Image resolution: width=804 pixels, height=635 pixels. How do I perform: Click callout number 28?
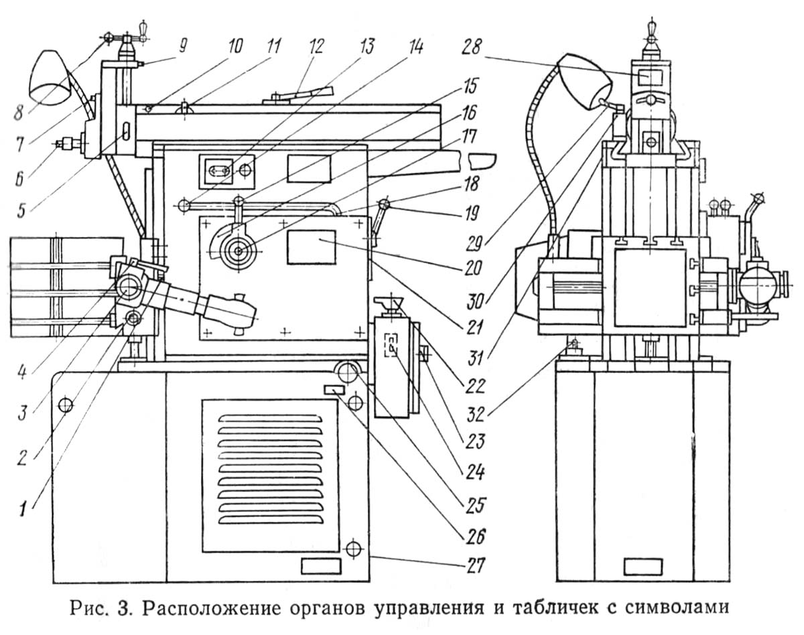pyautogui.click(x=472, y=48)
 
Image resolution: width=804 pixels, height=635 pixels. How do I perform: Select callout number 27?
pyautogui.click(x=474, y=565)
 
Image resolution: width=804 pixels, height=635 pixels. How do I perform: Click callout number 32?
pyautogui.click(x=475, y=414)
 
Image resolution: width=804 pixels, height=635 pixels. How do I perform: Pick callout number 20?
pyautogui.click(x=472, y=267)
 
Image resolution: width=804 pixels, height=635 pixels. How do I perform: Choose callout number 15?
pyautogui.click(x=470, y=86)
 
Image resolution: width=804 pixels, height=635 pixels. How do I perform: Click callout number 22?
pyautogui.click(x=475, y=386)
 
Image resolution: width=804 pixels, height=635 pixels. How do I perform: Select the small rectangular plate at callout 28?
pyautogui.click(x=650, y=78)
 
